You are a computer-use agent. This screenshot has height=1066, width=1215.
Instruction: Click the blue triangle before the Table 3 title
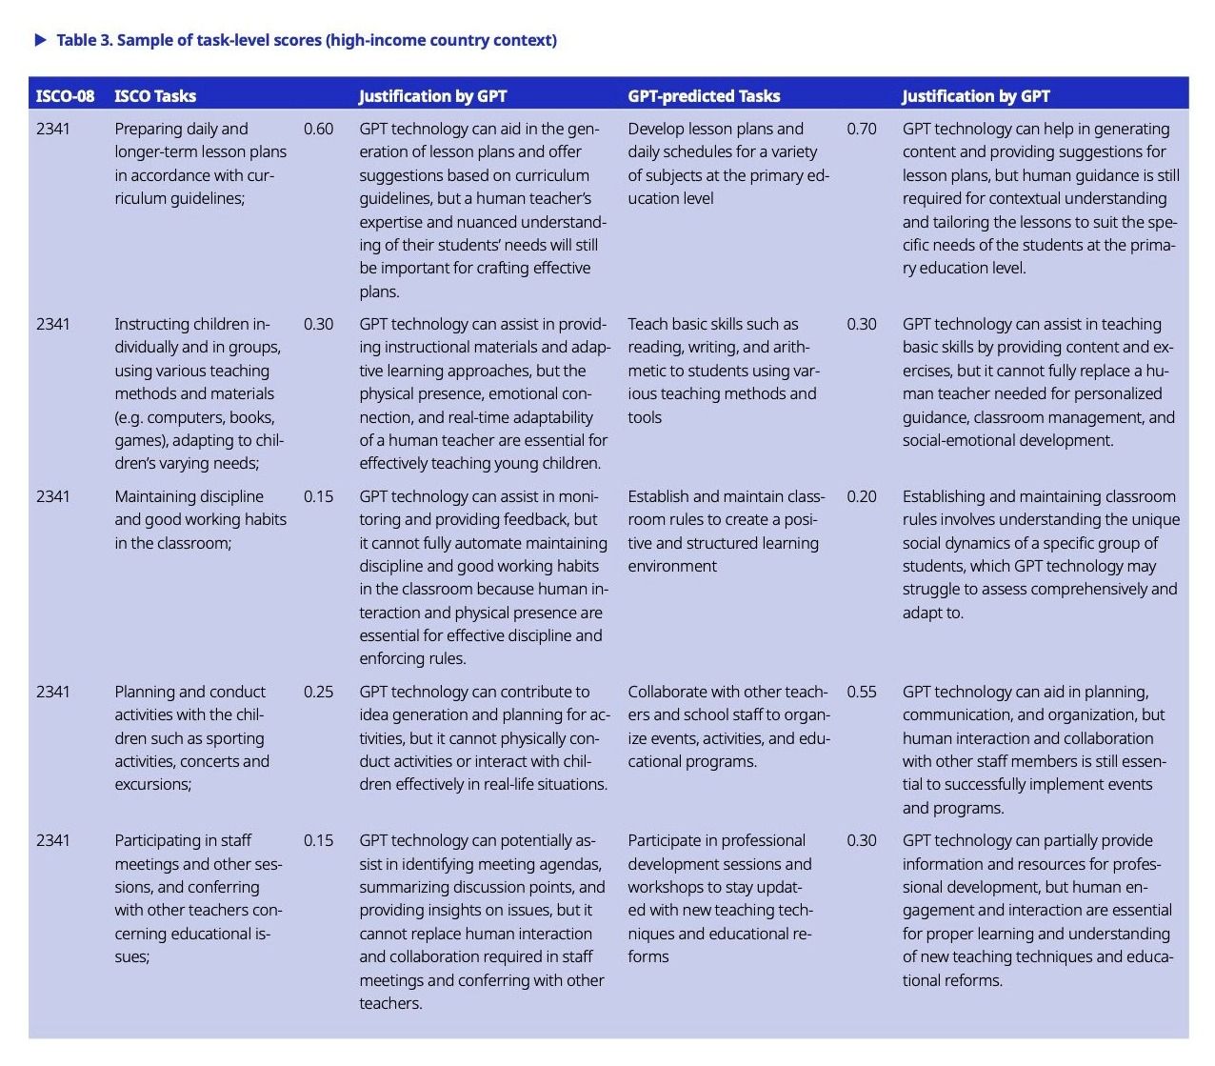pyautogui.click(x=40, y=40)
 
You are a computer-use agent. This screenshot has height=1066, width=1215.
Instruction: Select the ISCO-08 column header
pyautogui.click(x=65, y=95)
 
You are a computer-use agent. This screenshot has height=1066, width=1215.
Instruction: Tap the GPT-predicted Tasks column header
pyautogui.click(x=704, y=95)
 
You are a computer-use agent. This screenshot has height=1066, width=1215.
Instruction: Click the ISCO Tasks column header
pyautogui.click(x=155, y=95)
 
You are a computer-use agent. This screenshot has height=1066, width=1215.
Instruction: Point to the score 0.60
pyautogui.click(x=318, y=129)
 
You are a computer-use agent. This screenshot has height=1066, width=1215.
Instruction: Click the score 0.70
pyautogui.click(x=862, y=129)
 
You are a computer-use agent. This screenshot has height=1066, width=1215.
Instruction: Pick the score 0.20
pyautogui.click(x=862, y=496)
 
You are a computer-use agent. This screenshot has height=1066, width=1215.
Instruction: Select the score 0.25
pyautogui.click(x=318, y=692)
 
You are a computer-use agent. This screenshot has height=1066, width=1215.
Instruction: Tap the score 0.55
pyautogui.click(x=862, y=692)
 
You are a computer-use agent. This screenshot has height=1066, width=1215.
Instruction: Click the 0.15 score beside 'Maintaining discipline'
pyautogui.click(x=318, y=496)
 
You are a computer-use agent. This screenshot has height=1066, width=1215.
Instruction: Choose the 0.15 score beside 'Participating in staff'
pyautogui.click(x=318, y=840)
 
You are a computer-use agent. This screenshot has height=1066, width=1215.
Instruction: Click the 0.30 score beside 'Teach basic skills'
pyautogui.click(x=862, y=324)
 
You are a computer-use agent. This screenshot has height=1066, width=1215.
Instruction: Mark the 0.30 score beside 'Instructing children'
pyautogui.click(x=318, y=324)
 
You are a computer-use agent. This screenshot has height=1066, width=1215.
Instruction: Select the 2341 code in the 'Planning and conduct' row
pyautogui.click(x=52, y=692)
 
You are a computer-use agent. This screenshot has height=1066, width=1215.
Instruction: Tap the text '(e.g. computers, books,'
pyautogui.click(x=194, y=417)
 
